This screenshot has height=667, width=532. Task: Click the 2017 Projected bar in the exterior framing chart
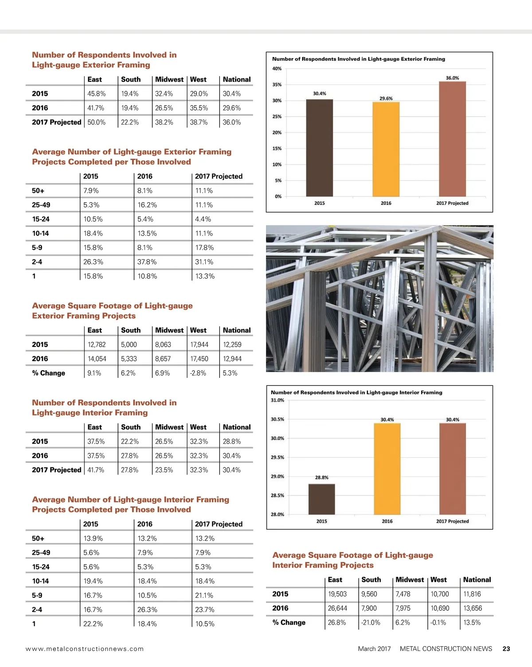click(x=452, y=139)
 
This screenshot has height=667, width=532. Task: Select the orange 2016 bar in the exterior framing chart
click(x=386, y=149)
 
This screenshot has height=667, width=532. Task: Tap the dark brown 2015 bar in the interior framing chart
click(x=321, y=499)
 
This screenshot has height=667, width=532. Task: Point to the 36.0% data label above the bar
click(x=452, y=78)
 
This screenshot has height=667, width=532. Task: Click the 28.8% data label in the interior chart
click(x=321, y=478)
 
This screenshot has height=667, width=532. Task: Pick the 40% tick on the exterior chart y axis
click(x=277, y=69)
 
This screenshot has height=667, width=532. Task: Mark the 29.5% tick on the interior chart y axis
click(x=278, y=457)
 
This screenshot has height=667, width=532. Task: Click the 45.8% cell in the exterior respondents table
click(x=96, y=94)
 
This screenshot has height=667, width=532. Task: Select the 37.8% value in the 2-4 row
click(x=147, y=262)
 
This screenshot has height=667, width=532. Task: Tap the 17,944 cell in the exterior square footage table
click(x=199, y=345)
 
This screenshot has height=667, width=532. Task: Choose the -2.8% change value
click(x=198, y=373)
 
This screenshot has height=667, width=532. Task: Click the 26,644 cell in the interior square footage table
click(x=337, y=608)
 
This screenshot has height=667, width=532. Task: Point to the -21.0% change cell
click(x=371, y=622)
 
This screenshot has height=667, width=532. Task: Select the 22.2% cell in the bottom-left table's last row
click(x=93, y=624)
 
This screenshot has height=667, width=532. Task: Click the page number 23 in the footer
click(x=506, y=648)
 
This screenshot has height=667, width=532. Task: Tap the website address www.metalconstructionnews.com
click(x=85, y=648)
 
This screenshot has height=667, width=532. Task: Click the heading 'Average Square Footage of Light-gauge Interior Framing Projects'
click(x=352, y=560)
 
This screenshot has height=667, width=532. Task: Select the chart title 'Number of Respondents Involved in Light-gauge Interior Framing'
click(x=356, y=392)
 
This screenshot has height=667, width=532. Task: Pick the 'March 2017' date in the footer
click(x=374, y=648)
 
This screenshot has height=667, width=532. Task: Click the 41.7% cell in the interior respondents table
click(x=96, y=470)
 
